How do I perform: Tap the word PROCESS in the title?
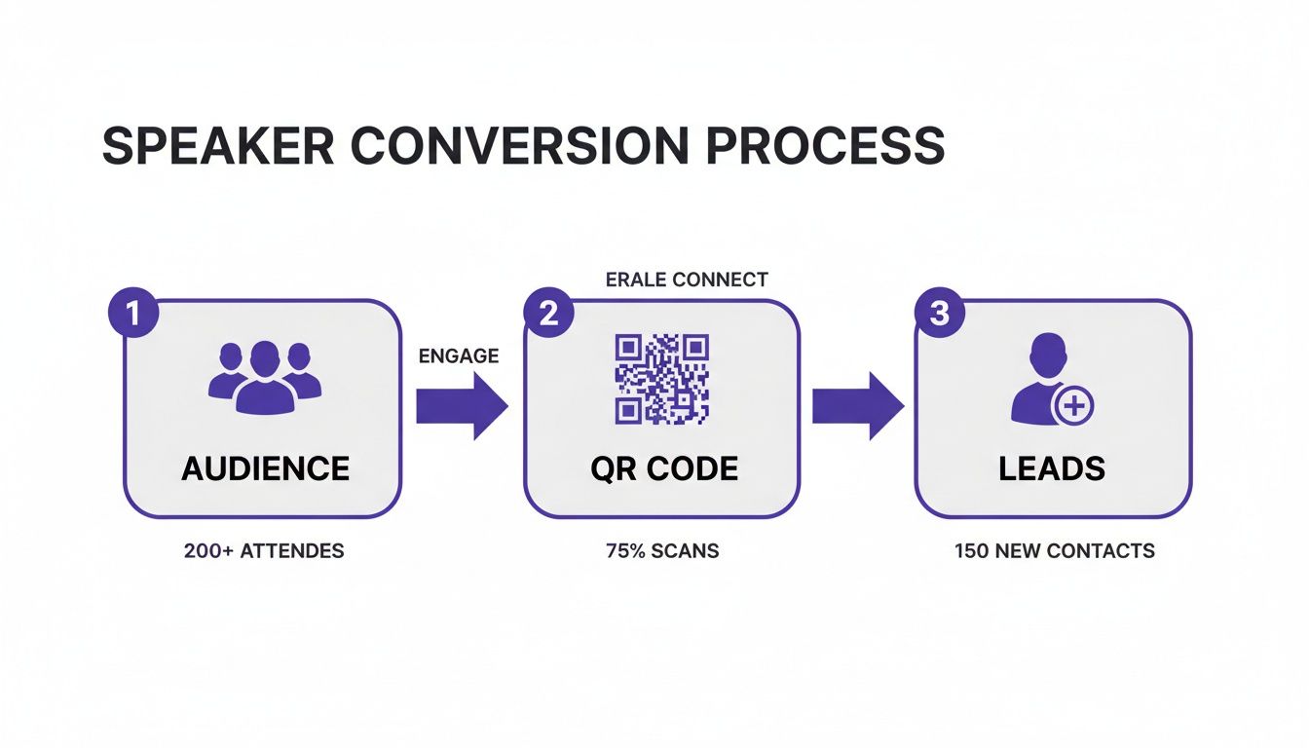(x=825, y=146)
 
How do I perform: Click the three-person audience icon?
(x=265, y=376)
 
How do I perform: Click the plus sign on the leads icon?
(x=1074, y=405)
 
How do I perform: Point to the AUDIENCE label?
(x=265, y=468)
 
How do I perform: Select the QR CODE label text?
(x=663, y=468)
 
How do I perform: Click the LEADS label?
(x=1052, y=468)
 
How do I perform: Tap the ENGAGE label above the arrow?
(x=458, y=356)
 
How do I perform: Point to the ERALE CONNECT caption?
(x=687, y=280)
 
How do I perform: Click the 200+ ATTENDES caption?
(x=264, y=551)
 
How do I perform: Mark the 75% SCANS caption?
(x=662, y=551)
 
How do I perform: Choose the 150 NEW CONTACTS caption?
(x=1054, y=551)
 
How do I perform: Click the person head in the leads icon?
(x=1046, y=353)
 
